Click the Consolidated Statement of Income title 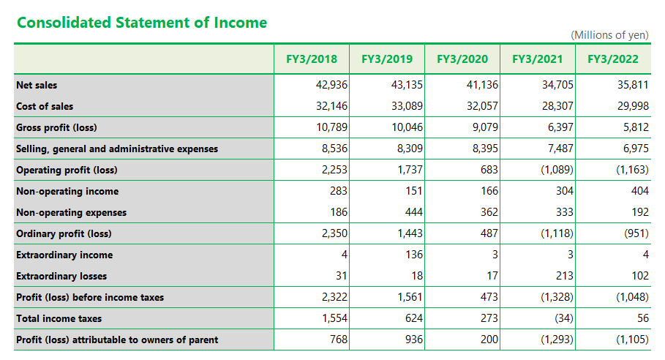[x=142, y=23]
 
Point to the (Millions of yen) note [x=609, y=35]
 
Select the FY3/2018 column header [x=312, y=59]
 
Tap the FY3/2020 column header [x=462, y=59]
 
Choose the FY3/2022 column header [x=613, y=59]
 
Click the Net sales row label [x=37, y=85]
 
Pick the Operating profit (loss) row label [x=67, y=170]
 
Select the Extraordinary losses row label [x=61, y=276]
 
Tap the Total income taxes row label [x=59, y=318]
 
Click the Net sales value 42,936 [x=331, y=85]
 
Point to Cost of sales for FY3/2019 [x=407, y=106]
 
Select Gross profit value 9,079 [x=485, y=127]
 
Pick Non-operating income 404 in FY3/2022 [x=640, y=191]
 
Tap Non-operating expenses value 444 [x=414, y=212]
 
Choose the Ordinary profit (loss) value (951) [x=636, y=233]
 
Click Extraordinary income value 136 [x=414, y=255]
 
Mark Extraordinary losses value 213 [x=565, y=276]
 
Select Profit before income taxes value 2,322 [x=334, y=297]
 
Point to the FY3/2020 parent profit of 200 [x=489, y=340]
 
